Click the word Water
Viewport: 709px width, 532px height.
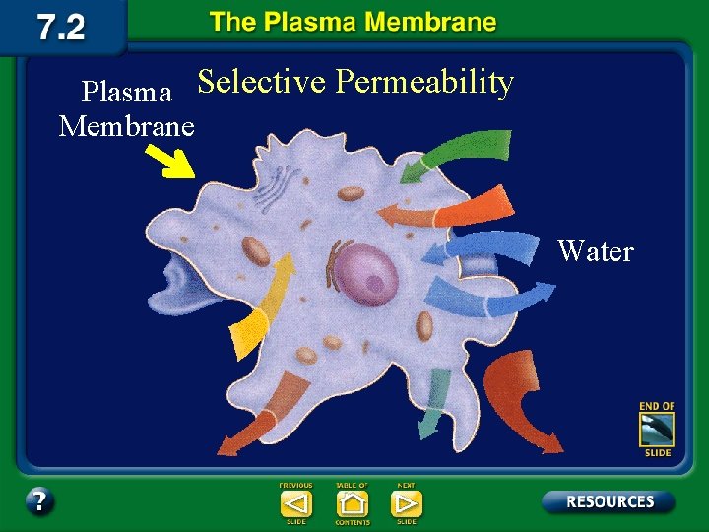point(595,252)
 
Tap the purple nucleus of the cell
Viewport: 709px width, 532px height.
point(367,272)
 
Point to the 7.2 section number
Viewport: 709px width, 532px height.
point(61,27)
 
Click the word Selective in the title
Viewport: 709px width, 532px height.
point(261,83)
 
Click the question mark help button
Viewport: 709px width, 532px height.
point(39,501)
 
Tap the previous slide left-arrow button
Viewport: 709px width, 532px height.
point(296,503)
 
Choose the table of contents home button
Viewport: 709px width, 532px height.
point(352,503)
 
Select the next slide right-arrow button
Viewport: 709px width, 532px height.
point(406,503)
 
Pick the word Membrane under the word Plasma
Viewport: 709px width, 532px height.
point(128,127)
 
